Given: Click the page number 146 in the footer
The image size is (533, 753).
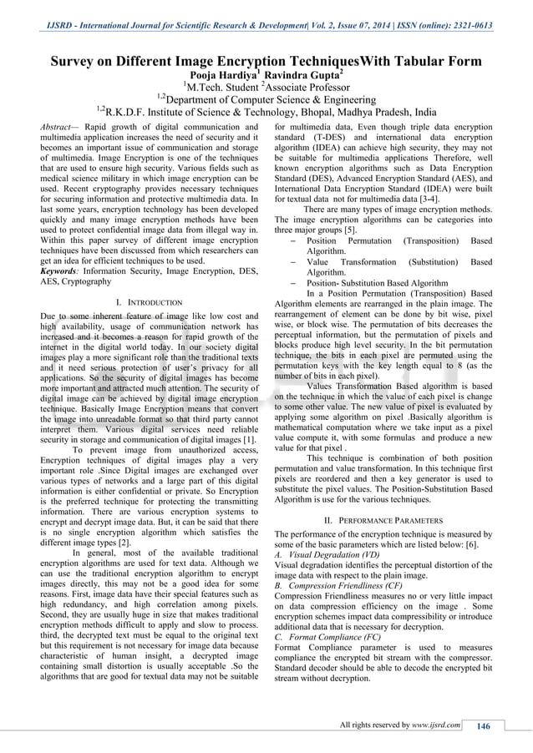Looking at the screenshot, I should [x=483, y=725].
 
